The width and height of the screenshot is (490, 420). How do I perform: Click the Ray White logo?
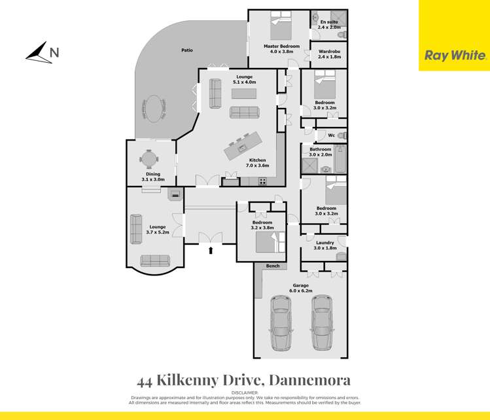(x=455, y=56)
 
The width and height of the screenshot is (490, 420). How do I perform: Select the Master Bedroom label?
(x=281, y=49)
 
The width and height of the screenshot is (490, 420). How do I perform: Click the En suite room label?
(x=328, y=25)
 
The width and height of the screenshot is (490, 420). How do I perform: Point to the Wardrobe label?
(x=328, y=54)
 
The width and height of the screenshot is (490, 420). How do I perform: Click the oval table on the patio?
(x=154, y=109)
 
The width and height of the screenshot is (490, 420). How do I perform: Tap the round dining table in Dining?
(x=150, y=158)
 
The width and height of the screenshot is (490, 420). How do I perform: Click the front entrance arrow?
(x=210, y=249)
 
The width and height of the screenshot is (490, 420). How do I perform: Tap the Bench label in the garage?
(x=273, y=266)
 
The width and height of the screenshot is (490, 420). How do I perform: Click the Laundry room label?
(x=324, y=245)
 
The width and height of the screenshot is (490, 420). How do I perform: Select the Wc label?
(x=331, y=135)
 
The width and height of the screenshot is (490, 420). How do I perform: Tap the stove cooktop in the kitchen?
(x=262, y=181)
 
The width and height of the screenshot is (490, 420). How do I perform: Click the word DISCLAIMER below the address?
(x=245, y=393)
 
